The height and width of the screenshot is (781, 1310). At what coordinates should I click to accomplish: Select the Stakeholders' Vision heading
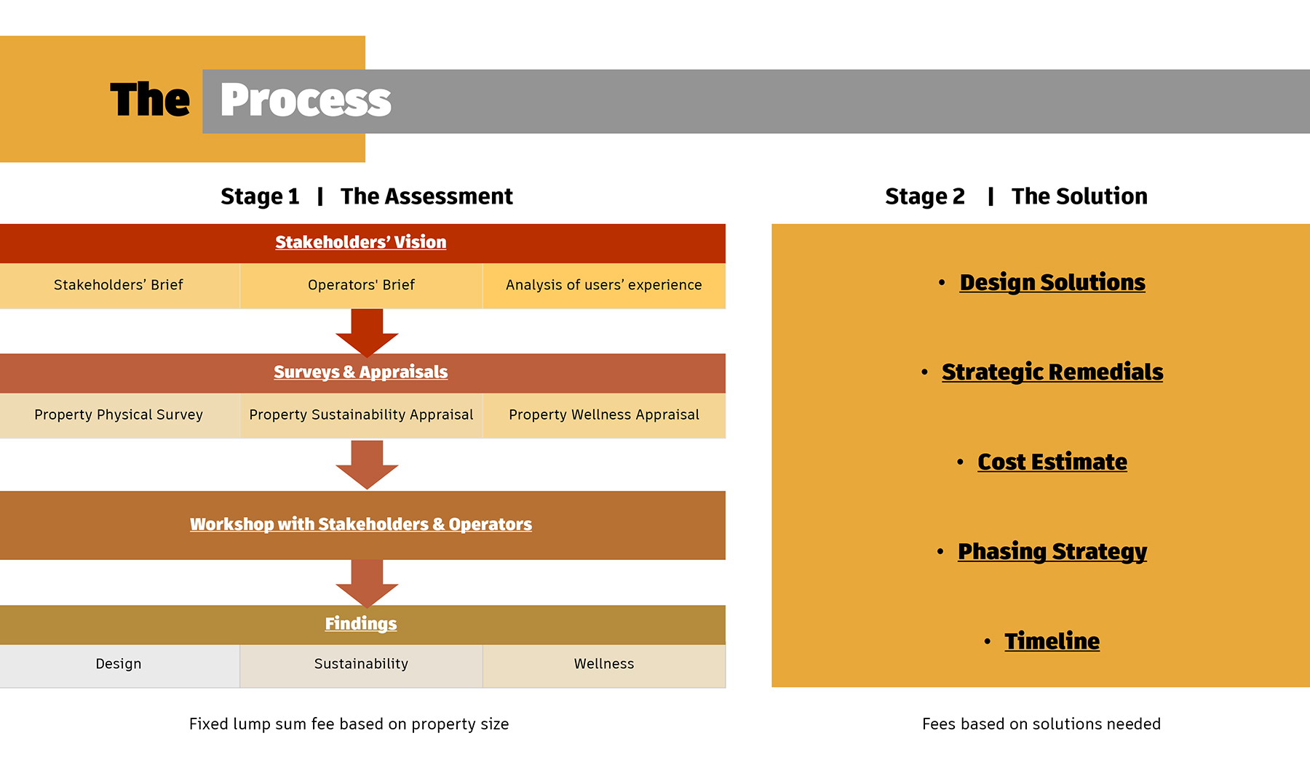(361, 242)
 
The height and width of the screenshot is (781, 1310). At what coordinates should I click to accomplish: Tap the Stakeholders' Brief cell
(119, 285)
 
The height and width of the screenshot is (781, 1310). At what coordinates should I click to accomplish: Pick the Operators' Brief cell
(361, 285)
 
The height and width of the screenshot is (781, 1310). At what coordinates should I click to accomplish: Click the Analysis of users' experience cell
(604, 285)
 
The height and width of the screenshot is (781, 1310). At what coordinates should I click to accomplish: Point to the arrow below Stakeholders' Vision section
(367, 332)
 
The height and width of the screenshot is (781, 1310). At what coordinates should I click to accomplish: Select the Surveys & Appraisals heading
(361, 372)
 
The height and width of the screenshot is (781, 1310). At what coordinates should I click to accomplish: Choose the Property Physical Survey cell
(119, 415)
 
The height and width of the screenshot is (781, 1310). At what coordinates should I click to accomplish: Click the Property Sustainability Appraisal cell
(361, 415)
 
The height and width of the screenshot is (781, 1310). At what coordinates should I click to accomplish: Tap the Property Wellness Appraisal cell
(604, 415)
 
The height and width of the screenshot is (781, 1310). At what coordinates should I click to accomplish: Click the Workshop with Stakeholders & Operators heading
(361, 524)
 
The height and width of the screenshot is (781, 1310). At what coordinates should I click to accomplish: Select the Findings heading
(361, 624)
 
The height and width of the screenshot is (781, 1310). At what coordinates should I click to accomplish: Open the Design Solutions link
(1052, 282)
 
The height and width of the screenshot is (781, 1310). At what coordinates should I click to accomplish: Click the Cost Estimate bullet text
(1052, 462)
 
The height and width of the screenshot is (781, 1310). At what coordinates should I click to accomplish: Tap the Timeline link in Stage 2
(1052, 641)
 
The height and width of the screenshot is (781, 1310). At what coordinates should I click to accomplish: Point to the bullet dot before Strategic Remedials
(924, 372)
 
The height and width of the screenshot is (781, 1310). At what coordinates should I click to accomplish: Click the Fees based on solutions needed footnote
(1041, 724)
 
